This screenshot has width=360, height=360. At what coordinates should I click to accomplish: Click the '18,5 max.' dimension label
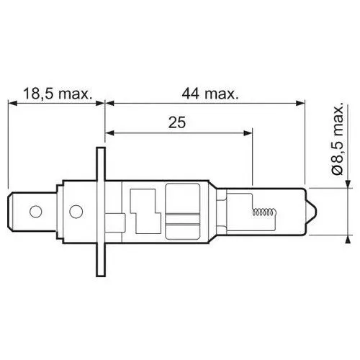(58, 94)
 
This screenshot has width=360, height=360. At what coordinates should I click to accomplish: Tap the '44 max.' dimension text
(210, 94)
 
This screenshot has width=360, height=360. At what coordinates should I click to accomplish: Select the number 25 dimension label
(177, 122)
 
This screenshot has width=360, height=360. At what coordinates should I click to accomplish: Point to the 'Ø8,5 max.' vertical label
(338, 140)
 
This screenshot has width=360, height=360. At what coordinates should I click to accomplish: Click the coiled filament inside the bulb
(263, 212)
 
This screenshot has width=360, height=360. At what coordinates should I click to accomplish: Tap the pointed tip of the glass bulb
(316, 212)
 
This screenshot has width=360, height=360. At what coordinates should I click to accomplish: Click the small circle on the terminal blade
(36, 212)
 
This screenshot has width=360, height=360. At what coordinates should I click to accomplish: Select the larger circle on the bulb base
(76, 212)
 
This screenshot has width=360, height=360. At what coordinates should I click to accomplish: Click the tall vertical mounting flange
(101, 212)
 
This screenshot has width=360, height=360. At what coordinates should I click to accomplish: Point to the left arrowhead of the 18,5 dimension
(12, 103)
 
